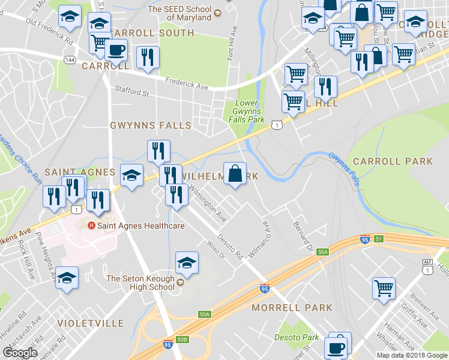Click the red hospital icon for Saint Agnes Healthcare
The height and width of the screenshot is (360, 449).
point(91,226)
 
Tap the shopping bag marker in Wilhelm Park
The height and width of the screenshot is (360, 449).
point(235,174)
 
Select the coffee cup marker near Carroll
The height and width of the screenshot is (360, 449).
point(116,51)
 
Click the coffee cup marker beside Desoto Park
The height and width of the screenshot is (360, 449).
point(336,348)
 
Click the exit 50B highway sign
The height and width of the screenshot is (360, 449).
point(184,340)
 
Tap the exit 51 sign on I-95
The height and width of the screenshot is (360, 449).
point(379,239)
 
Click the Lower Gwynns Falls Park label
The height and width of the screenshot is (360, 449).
point(247,111)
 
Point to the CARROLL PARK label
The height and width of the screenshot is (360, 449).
point(393,161)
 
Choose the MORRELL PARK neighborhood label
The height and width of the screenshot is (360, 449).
point(292,308)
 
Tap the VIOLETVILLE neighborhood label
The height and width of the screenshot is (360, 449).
point(90,323)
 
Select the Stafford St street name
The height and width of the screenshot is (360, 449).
point(131,92)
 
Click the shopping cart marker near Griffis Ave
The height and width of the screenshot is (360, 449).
point(384,288)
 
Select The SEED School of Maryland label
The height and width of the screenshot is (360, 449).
point(179,13)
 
